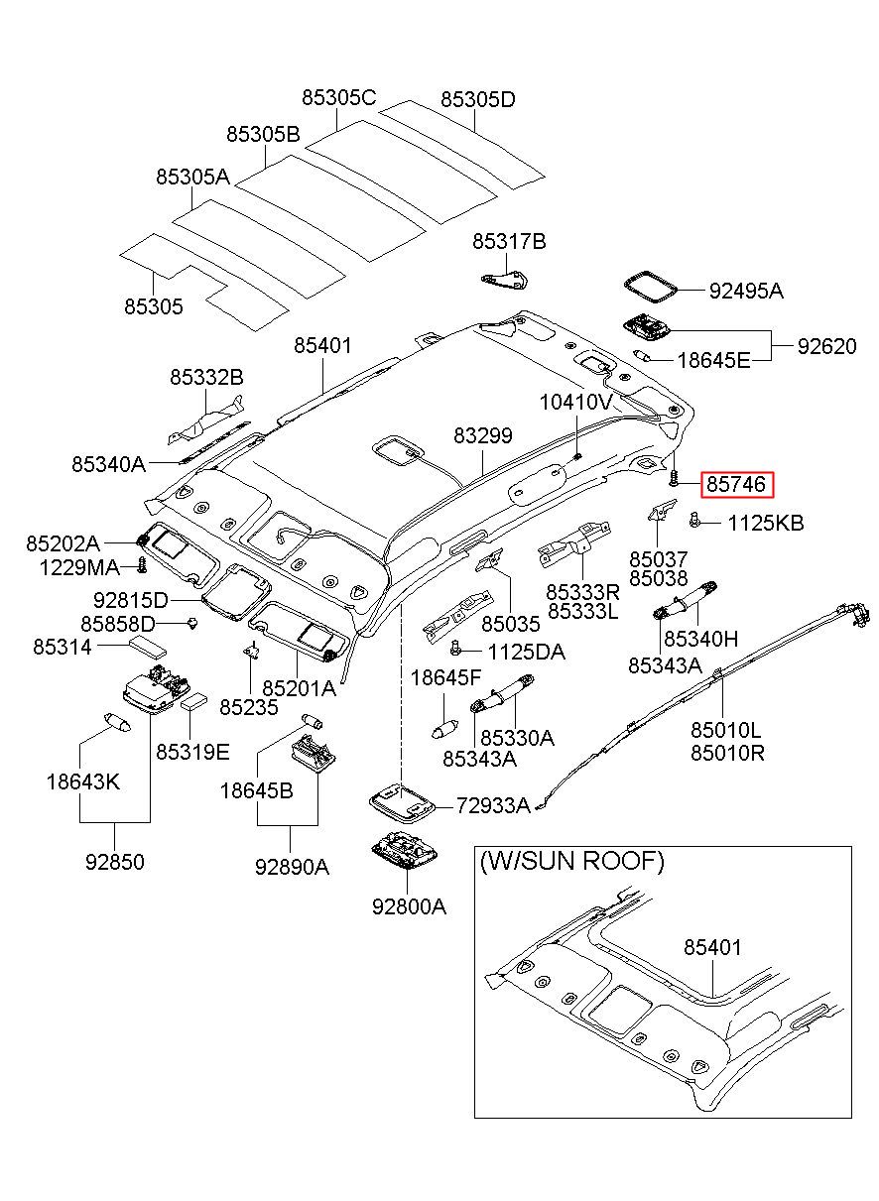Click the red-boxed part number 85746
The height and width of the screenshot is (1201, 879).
[736, 485]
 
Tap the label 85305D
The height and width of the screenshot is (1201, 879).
[478, 100]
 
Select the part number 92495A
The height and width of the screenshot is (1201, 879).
[746, 292]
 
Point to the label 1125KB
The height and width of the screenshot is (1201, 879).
[765, 524]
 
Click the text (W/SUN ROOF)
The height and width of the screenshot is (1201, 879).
[571, 861]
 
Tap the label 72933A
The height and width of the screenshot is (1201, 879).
[493, 805]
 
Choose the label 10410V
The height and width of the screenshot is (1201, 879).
[576, 402]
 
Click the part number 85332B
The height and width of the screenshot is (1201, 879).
[206, 378]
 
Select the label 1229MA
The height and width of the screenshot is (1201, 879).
[79, 568]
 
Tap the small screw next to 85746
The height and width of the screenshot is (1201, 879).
[674, 478]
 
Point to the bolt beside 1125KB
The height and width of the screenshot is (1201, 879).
[694, 520]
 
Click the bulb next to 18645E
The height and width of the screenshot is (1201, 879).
[643, 355]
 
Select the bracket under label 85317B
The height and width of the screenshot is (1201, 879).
[504, 280]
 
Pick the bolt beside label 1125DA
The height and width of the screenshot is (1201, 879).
[456, 648]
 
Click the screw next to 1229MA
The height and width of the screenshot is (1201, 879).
[142, 565]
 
